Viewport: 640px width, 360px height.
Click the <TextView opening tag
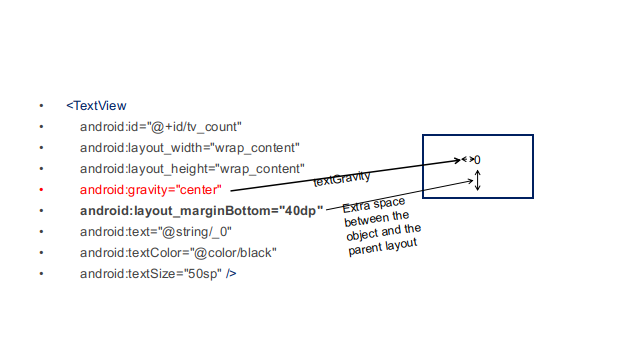pos(96,105)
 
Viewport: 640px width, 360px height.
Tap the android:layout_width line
pos(190,147)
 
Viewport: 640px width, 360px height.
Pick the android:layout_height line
pos(192,168)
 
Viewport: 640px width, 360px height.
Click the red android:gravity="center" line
pos(151,189)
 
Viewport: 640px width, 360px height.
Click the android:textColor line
pos(178,252)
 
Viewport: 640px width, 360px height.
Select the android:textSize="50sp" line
pos(158,273)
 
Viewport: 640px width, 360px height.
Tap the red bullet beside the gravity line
pos(41,189)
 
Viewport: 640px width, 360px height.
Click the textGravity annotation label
pos(342,179)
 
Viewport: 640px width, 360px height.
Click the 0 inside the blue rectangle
pos(477,160)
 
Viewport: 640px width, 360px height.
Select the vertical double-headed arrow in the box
pos(478,181)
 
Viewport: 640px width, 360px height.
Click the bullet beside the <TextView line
pos(41,105)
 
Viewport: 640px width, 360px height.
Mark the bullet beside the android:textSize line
pos(41,273)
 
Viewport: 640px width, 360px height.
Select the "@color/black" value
pos(237,252)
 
